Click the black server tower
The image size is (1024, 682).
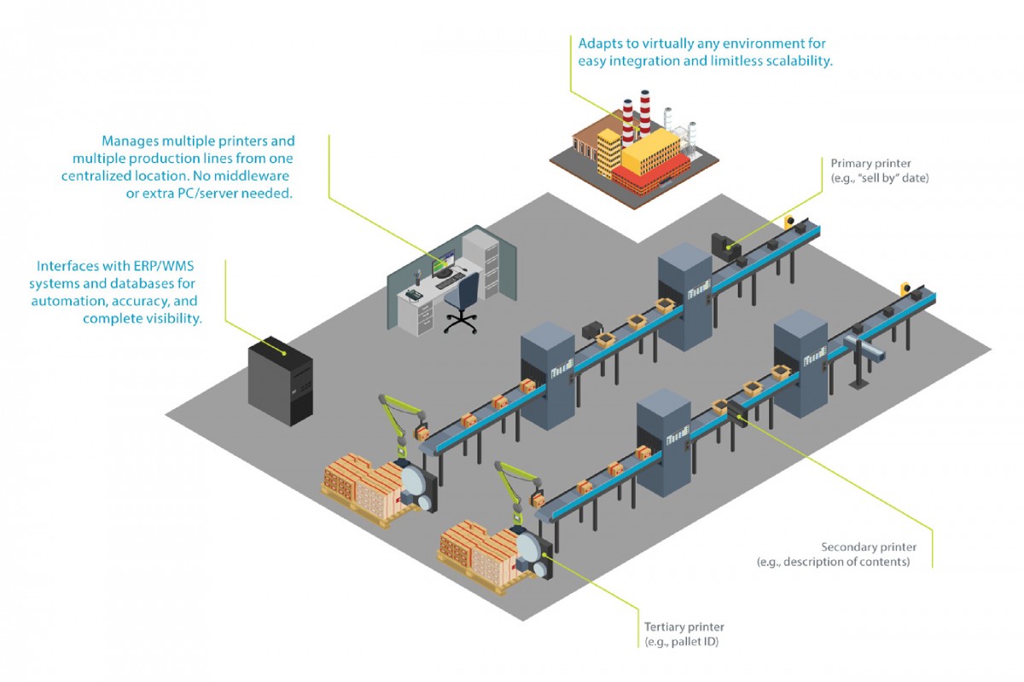point(280,383)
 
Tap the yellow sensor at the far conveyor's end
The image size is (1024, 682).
point(792,222)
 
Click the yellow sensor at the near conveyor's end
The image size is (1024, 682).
point(905,290)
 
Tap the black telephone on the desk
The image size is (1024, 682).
point(413,293)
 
